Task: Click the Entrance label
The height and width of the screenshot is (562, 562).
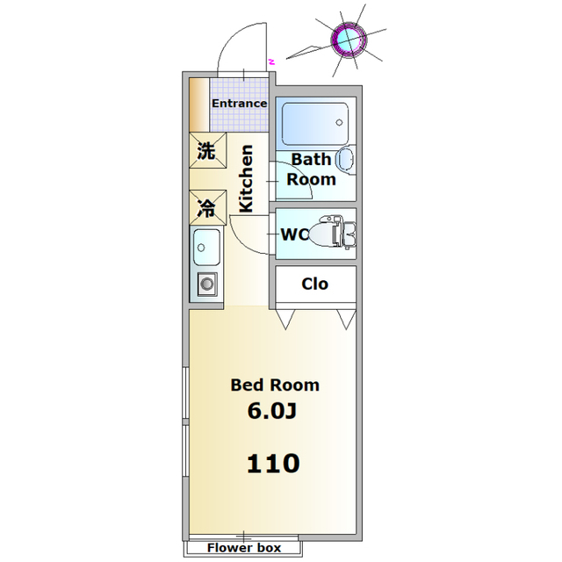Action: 239,104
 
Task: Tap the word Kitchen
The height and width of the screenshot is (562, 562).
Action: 246,178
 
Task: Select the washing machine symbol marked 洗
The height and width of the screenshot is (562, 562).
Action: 208,150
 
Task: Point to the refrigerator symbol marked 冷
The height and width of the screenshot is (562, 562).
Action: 208,207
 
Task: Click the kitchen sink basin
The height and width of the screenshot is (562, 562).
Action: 206,248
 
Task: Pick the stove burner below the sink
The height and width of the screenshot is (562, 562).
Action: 207,285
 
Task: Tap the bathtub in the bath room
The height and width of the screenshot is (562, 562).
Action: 314,124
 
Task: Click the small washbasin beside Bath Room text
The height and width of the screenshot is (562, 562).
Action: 346,160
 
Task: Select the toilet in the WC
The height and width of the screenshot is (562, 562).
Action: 332,233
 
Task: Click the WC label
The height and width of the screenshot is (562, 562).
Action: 295,234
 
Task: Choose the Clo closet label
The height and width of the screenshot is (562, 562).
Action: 314,284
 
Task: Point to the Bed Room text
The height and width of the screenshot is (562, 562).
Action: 275,385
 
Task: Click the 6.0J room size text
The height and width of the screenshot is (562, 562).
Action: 272,411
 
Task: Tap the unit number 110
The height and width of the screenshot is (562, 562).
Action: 273,463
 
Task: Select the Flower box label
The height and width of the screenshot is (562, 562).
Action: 244,548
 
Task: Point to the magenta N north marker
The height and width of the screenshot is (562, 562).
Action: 272,61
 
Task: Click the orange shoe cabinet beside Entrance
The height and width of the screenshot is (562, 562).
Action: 199,104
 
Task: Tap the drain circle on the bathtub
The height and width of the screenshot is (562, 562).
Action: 339,123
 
